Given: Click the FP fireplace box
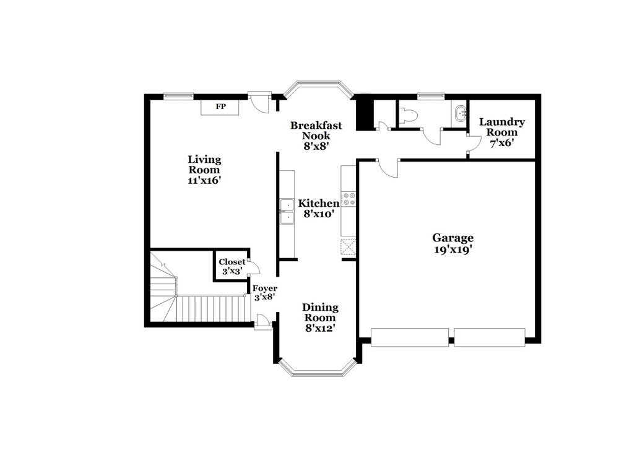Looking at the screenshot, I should click(x=220, y=106).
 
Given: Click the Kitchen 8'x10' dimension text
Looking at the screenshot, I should click(x=319, y=214).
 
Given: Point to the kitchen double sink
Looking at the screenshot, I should click(x=287, y=210).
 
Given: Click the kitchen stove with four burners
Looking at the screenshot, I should click(x=348, y=199).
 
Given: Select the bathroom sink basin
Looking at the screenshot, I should click(x=459, y=113).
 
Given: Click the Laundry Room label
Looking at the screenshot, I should click(x=502, y=127).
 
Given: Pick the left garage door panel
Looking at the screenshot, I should click(x=410, y=337).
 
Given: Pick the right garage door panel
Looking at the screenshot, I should click(x=489, y=337).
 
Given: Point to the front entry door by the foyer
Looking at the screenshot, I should click(x=262, y=321).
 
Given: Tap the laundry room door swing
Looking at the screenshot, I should click(x=474, y=144).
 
